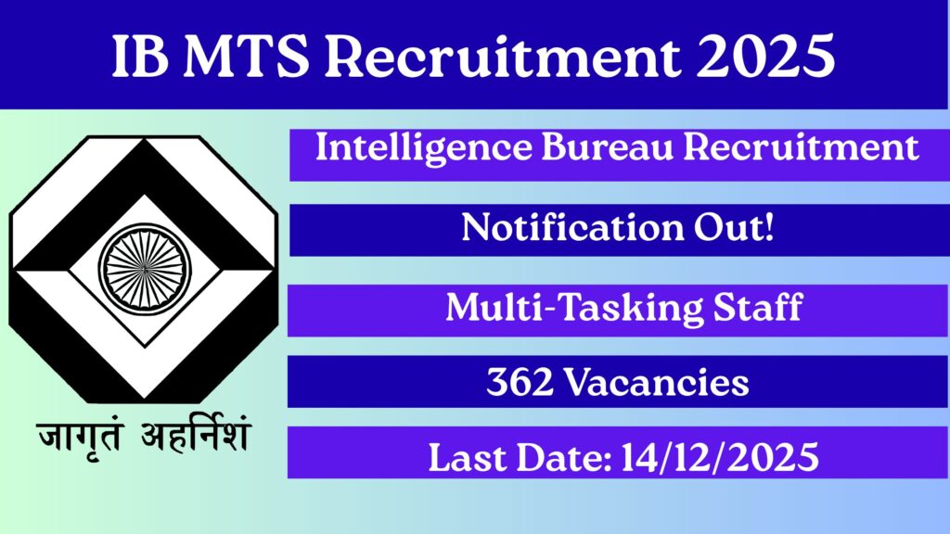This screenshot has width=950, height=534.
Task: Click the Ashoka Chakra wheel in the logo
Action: click(144, 268)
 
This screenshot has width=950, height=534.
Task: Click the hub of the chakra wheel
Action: click(144, 268)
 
